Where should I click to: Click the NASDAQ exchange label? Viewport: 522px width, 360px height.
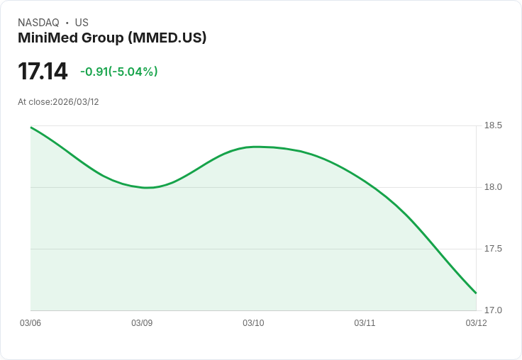[x=38, y=23]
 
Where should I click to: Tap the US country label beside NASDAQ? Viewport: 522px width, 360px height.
[x=82, y=23]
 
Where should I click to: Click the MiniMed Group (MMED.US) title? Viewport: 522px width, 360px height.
[x=112, y=38]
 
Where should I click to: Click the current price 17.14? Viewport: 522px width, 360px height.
[x=43, y=72]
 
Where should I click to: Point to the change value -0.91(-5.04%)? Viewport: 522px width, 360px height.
[x=119, y=72]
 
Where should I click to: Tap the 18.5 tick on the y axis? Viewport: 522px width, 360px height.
[x=493, y=125]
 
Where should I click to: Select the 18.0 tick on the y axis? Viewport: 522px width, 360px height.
[x=493, y=187]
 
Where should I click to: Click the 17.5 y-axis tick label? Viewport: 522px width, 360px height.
[x=493, y=249]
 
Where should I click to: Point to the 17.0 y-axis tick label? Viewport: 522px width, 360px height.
[x=493, y=310]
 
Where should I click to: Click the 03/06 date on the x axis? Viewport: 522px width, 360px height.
[x=30, y=323]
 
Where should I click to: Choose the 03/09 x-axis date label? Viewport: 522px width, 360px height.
[x=142, y=323]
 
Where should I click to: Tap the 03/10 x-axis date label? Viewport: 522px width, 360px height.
[x=253, y=323]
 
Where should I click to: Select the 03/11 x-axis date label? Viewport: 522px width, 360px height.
[x=365, y=323]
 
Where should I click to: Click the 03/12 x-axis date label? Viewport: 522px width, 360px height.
[x=476, y=323]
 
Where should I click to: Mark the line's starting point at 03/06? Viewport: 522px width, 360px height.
[x=31, y=128]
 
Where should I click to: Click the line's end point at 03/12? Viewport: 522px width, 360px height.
[x=476, y=293]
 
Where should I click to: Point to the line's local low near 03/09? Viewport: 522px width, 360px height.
[x=148, y=188]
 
